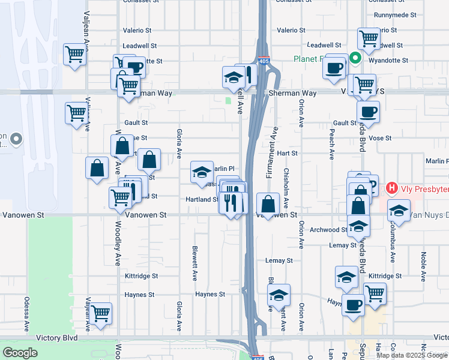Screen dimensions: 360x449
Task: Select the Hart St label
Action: coord(287,153)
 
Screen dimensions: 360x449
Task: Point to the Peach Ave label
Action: coord(331,143)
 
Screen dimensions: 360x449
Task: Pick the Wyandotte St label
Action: coord(388,61)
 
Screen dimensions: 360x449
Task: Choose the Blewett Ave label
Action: coord(194,263)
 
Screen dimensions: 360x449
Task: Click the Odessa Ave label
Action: coord(27,314)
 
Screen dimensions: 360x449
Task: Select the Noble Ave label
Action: coord(424,263)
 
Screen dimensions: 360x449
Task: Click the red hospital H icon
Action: coord(392,188)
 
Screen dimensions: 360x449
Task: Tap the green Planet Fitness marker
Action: coord(355,58)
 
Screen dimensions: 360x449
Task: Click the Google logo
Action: coord(20,353)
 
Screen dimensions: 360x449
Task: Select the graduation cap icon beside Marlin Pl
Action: coord(202,172)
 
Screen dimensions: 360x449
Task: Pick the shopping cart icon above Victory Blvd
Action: coord(100,313)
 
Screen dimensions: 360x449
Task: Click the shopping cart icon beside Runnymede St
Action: coord(369,38)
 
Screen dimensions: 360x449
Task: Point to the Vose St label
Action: coord(381,138)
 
